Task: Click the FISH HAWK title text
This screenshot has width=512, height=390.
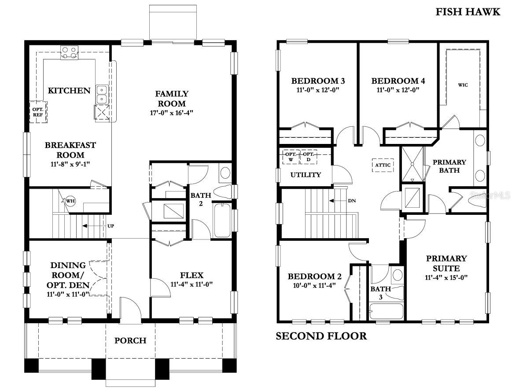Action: tap(468, 12)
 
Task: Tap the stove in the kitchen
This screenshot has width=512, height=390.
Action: tap(69, 53)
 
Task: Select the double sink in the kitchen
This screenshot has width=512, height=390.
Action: tap(102, 93)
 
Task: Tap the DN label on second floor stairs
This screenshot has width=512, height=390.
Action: tap(352, 201)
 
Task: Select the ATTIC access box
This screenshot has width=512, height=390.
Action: tap(383, 165)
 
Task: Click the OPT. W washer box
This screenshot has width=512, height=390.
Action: tap(291, 157)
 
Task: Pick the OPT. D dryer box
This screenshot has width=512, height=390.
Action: tap(309, 157)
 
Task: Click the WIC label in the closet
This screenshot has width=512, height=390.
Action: tap(463, 85)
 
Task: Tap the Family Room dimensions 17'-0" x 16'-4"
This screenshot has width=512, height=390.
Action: tap(172, 113)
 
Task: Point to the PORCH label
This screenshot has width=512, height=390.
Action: tap(130, 340)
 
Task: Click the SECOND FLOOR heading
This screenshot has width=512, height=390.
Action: tap(321, 336)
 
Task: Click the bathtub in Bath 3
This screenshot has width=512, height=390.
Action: tap(386, 311)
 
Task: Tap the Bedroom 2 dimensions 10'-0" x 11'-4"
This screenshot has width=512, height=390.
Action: tap(314, 285)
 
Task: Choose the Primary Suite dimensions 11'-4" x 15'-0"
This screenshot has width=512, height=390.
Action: tap(446, 277)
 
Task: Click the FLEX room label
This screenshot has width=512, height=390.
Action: tap(192, 276)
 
